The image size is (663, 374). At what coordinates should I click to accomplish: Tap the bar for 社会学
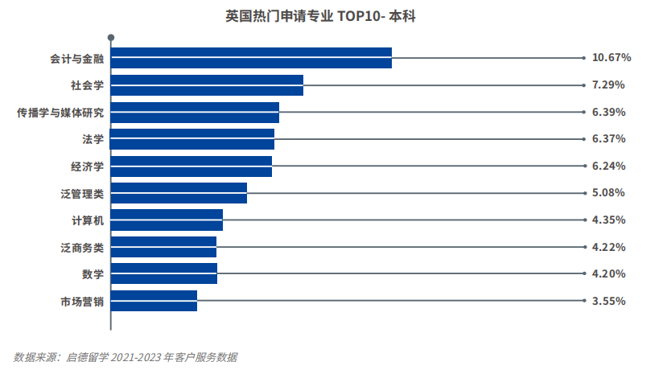click(207, 84)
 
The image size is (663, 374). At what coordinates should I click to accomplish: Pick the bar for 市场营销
click(154, 301)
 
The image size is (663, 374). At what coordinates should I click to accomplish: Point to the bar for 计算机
click(167, 220)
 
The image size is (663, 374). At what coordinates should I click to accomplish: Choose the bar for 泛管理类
click(179, 193)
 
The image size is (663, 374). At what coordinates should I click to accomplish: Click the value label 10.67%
click(612, 58)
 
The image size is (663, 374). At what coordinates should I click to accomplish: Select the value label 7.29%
click(608, 84)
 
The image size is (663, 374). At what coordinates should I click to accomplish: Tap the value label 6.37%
click(608, 139)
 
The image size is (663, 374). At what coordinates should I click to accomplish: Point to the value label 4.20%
click(608, 274)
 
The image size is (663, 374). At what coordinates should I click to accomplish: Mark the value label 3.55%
click(608, 301)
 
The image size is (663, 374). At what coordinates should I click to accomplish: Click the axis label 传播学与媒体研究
click(60, 112)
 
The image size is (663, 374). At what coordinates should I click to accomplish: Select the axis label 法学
click(93, 139)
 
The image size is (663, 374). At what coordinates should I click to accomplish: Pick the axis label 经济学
click(88, 166)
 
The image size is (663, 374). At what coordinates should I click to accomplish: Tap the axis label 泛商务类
click(82, 247)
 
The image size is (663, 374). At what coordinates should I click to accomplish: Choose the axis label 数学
click(93, 274)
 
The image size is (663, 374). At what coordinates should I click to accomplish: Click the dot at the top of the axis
click(111, 36)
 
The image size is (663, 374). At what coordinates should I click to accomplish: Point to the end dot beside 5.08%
click(584, 193)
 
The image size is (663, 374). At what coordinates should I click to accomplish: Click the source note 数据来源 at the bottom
click(126, 357)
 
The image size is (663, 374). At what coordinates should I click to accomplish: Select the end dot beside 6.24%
click(584, 166)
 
